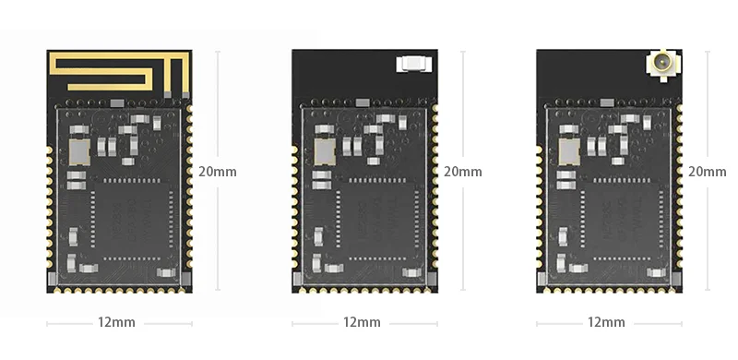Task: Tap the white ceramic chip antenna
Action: tap(411, 64)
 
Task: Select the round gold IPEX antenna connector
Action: tap(661, 66)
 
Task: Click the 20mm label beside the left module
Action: tap(218, 171)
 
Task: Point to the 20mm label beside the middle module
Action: tap(463, 171)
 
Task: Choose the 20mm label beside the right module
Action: tap(708, 171)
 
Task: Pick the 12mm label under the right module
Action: tap(606, 322)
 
